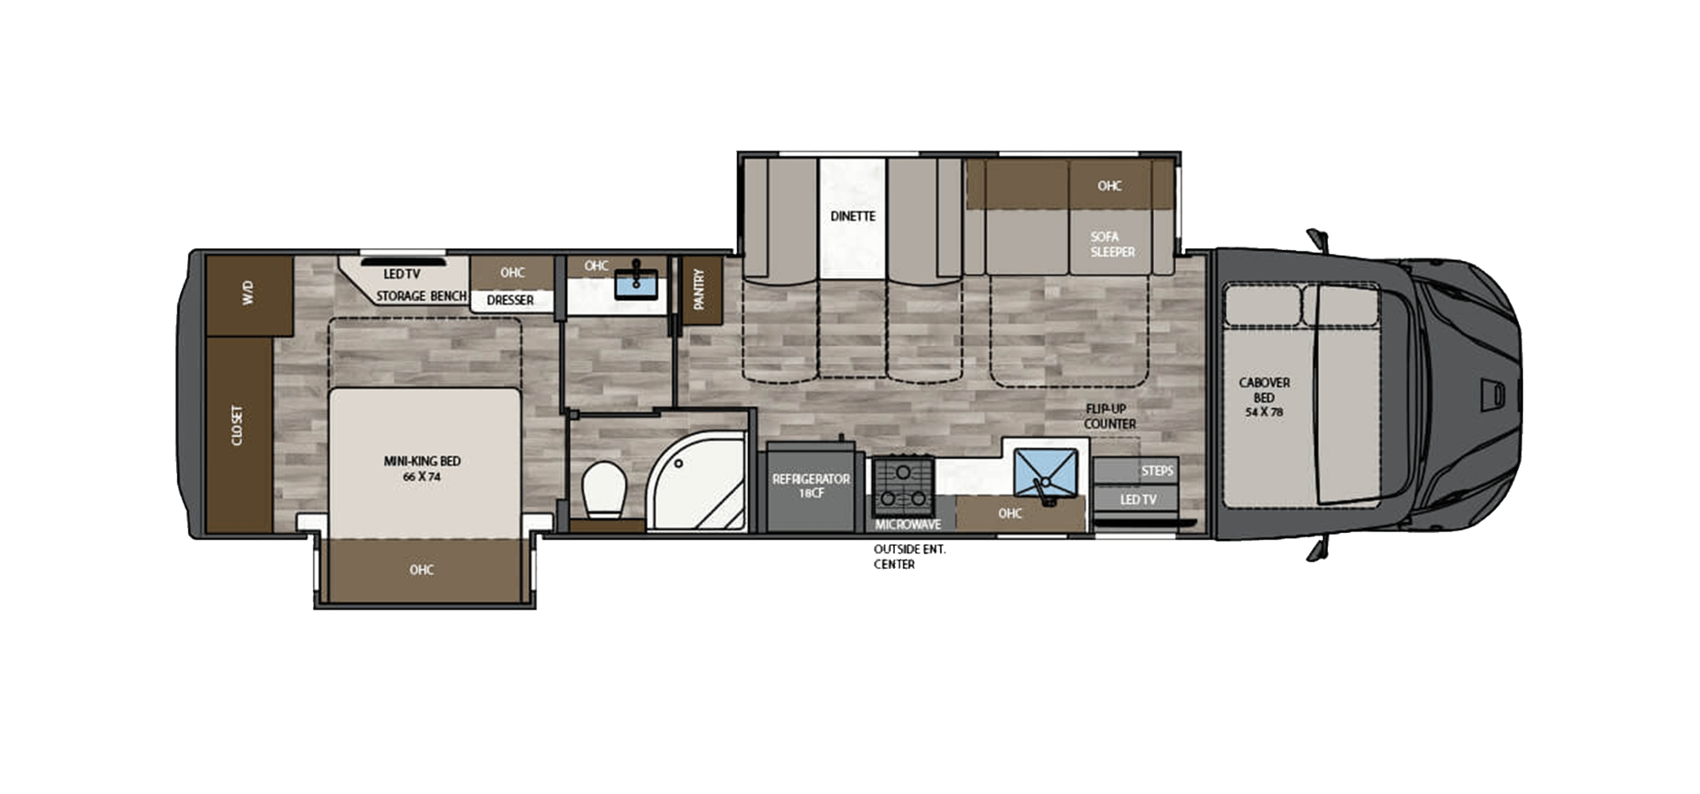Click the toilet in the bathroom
(x=604, y=490)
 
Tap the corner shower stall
(x=697, y=480)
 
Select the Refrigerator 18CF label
(x=811, y=485)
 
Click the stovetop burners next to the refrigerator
(x=903, y=485)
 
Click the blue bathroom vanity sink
(x=636, y=282)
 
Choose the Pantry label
(x=700, y=289)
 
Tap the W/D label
(x=248, y=293)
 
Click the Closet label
(x=237, y=425)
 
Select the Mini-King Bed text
(x=422, y=468)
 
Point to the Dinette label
(x=853, y=217)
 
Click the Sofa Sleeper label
(x=1113, y=244)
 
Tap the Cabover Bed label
(x=1264, y=397)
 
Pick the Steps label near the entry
(x=1157, y=471)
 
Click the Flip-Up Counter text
(x=1109, y=416)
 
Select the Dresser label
(x=510, y=300)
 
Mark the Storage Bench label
(x=422, y=296)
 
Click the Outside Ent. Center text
(x=909, y=557)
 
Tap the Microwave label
(x=908, y=525)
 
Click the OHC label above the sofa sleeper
(x=1109, y=186)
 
